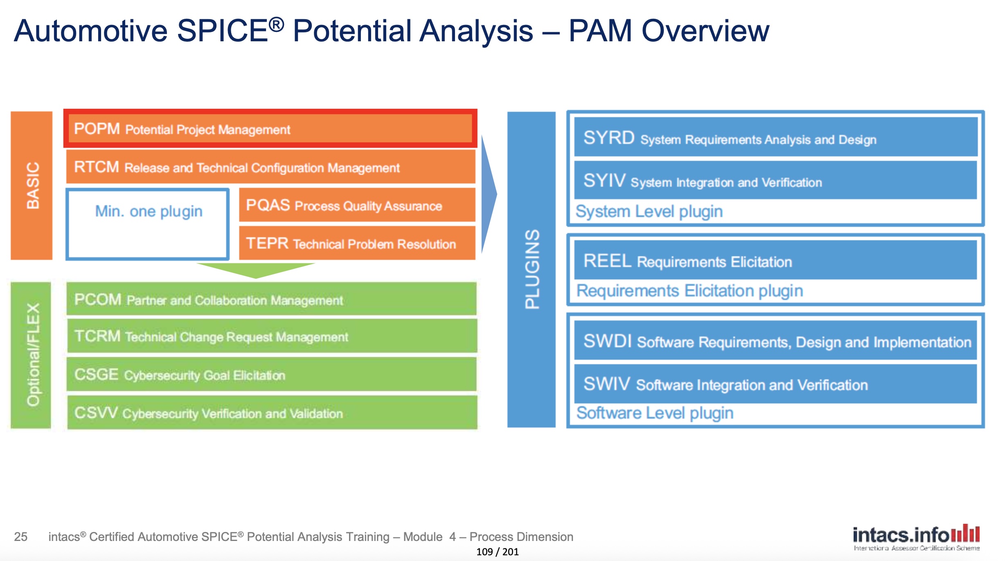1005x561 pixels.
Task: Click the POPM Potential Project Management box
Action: point(270,128)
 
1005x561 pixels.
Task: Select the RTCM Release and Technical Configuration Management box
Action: point(270,167)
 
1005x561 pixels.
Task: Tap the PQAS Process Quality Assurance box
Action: point(357,205)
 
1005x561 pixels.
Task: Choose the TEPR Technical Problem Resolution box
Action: point(357,243)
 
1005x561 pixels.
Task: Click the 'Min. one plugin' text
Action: point(149,211)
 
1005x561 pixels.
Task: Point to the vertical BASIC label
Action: point(32,185)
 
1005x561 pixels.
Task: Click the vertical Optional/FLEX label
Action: point(32,355)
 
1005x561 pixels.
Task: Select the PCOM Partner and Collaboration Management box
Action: point(272,299)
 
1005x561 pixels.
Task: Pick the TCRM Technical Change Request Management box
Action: point(272,336)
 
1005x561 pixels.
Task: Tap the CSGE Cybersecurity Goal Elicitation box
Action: point(272,374)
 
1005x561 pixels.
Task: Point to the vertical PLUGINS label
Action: point(532,269)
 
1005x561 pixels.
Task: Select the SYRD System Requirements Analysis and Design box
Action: point(775,137)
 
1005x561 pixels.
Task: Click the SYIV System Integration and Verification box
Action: point(775,180)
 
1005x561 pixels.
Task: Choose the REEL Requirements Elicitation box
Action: point(775,260)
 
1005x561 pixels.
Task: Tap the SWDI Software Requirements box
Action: point(775,341)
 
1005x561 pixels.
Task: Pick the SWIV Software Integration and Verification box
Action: point(775,384)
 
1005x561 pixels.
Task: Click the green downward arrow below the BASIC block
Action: point(256,269)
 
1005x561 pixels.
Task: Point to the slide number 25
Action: point(21,536)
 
